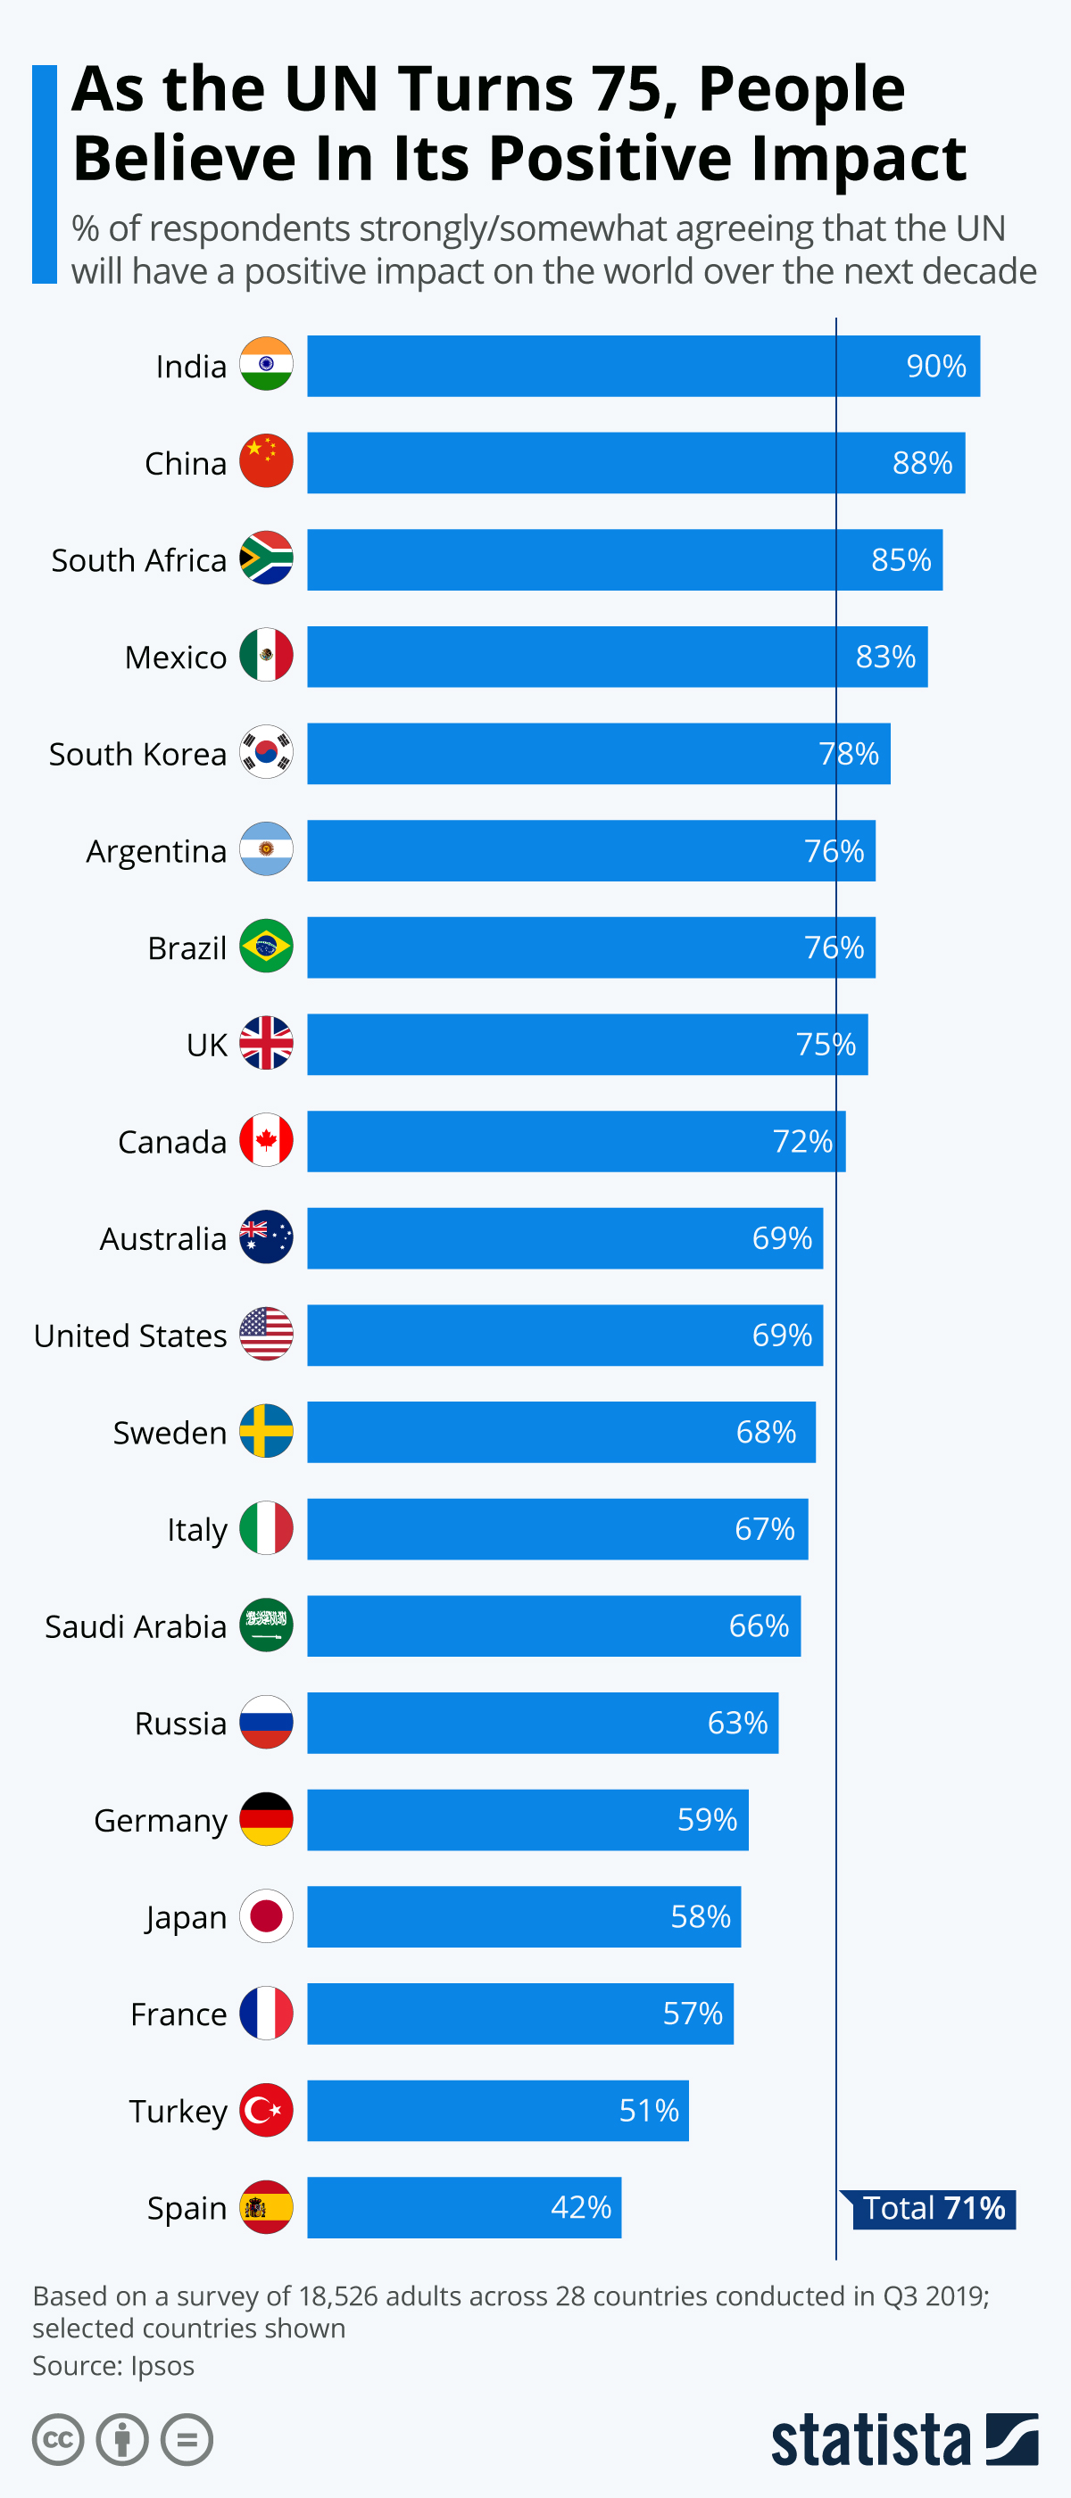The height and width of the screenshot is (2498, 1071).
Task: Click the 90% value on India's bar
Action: [935, 366]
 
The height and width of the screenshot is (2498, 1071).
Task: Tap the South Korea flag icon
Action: [266, 751]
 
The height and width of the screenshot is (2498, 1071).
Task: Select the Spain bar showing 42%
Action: [464, 2207]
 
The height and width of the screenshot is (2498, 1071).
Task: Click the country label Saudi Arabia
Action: [136, 1626]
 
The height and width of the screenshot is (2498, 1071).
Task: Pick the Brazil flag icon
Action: [266, 946]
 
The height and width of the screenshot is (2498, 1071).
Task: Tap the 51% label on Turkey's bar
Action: [648, 2110]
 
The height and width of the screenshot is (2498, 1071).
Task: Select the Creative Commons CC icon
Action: [58, 2439]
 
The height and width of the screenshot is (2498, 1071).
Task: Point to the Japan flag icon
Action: [266, 1915]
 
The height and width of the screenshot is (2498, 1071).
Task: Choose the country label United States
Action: [130, 1336]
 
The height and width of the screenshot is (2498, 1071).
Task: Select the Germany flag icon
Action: [266, 1818]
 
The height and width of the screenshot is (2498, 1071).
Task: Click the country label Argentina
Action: [156, 851]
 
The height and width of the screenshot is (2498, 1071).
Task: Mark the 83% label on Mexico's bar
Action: [884, 657]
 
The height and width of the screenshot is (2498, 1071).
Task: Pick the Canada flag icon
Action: [266, 1139]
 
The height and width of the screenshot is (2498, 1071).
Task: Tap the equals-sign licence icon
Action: [187, 2439]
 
